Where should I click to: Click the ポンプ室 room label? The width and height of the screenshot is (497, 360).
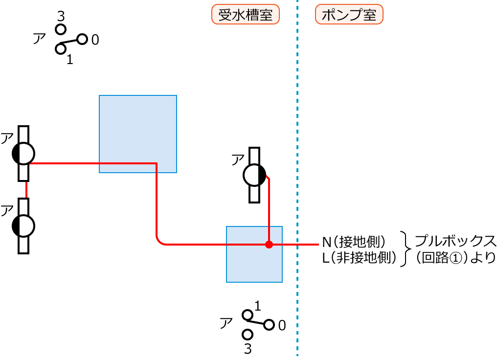point(349,15)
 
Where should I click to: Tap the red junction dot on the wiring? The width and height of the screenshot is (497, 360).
point(269,244)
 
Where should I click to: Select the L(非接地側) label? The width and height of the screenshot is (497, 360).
point(359,257)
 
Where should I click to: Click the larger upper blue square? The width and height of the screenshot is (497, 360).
point(137,134)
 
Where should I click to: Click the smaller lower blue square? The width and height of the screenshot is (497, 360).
point(254,254)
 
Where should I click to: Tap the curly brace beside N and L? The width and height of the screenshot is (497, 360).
point(406,249)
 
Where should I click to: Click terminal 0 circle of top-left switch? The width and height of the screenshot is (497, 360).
point(82,39)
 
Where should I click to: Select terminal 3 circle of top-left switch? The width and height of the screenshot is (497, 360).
point(61,29)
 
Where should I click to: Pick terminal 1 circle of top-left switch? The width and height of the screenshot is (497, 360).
point(61,49)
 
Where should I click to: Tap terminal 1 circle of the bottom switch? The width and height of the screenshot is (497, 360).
point(248,315)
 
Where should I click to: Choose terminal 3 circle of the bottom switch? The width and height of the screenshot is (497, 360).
point(248,335)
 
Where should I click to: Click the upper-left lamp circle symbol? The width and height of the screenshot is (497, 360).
point(23,154)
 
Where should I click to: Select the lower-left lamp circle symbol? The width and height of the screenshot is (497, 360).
point(23,225)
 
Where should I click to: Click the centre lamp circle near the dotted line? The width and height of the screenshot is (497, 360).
point(254,175)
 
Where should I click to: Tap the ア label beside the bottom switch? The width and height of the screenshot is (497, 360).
point(226,323)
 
